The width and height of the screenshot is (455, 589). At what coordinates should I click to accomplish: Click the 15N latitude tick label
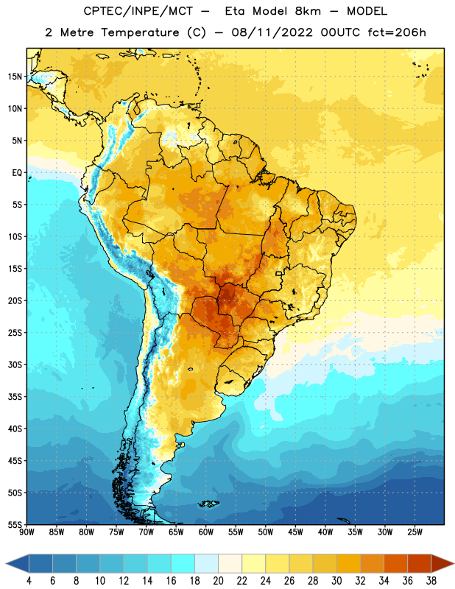click(x=15, y=77)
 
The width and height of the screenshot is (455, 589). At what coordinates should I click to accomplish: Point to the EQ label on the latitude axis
click(x=17, y=173)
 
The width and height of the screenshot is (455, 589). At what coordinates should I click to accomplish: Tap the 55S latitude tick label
click(x=15, y=524)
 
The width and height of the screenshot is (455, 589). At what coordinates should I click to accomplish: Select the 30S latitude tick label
click(x=15, y=364)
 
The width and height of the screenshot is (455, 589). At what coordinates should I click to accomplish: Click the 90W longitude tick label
click(x=27, y=532)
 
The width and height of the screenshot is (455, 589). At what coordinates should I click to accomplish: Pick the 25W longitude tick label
click(x=415, y=532)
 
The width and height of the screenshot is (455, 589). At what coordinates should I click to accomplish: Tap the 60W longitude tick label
click(x=206, y=532)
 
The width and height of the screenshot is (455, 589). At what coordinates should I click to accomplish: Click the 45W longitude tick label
click(x=295, y=532)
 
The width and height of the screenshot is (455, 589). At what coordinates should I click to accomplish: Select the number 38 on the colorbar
click(x=431, y=581)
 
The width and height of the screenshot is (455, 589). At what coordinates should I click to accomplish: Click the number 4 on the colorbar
click(x=29, y=581)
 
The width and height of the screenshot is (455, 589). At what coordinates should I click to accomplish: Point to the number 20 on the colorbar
click(x=218, y=581)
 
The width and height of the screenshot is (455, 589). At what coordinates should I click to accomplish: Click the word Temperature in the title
click(x=140, y=32)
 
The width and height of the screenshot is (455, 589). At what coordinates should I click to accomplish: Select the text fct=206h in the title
click(x=397, y=32)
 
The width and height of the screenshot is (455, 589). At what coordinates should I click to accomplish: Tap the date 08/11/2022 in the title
click(x=272, y=32)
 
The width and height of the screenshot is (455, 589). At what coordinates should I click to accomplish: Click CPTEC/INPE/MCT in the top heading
click(x=138, y=11)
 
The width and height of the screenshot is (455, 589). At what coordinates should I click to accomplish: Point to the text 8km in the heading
click(x=308, y=11)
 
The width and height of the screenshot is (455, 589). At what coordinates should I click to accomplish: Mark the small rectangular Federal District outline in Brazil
click(x=279, y=273)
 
